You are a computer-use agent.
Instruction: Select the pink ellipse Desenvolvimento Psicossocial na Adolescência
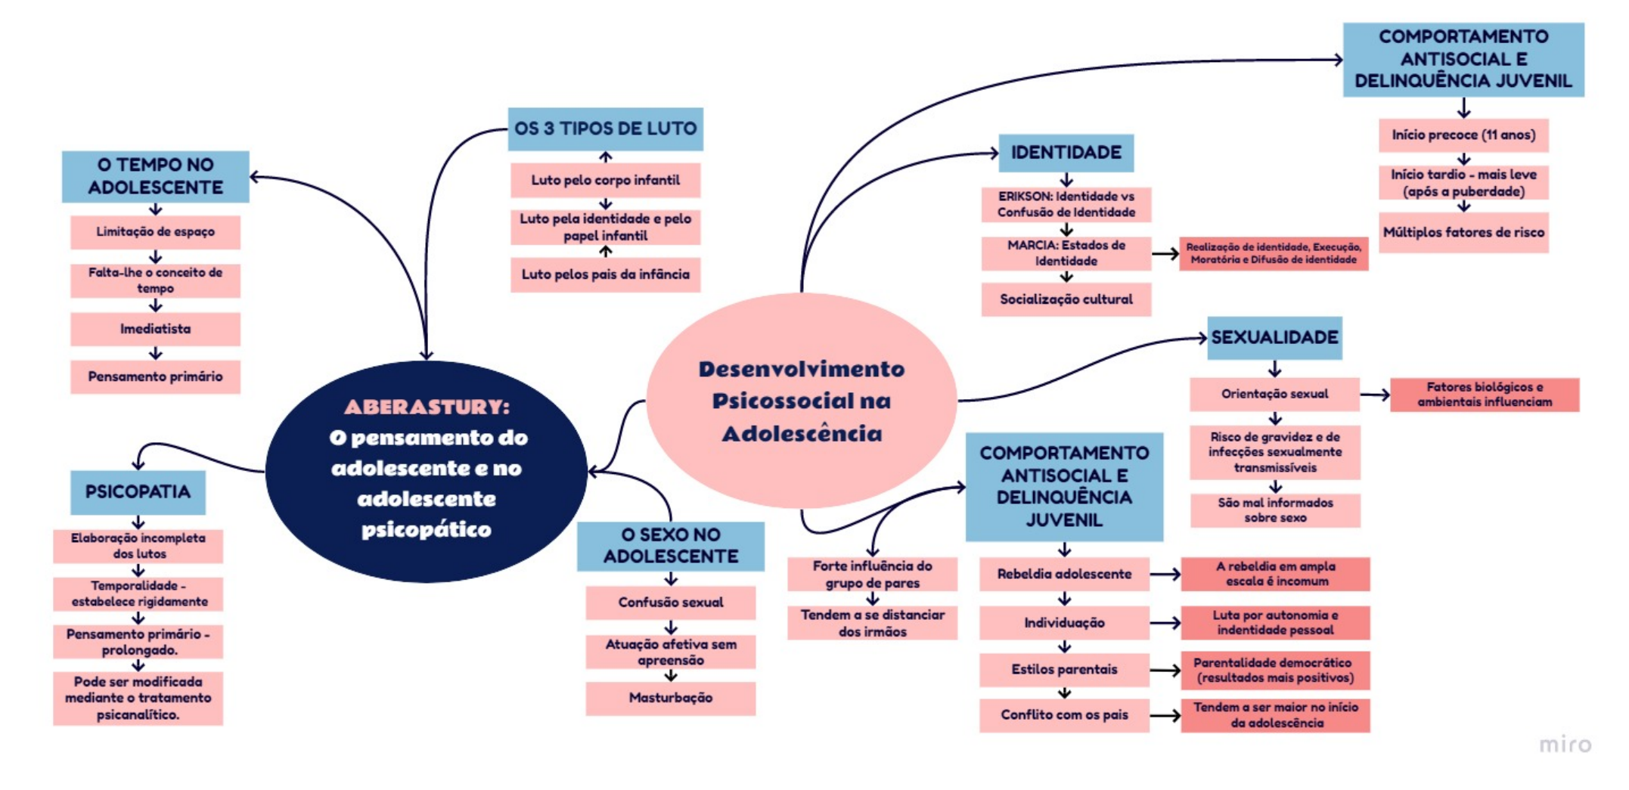click(x=801, y=401)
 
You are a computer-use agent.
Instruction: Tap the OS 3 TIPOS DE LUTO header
click(x=605, y=129)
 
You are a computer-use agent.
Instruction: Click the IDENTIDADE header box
click(x=1066, y=153)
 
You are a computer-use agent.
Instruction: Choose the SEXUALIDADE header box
click(x=1274, y=338)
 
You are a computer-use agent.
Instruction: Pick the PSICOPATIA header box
click(x=138, y=492)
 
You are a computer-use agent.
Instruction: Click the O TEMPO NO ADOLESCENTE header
click(x=155, y=176)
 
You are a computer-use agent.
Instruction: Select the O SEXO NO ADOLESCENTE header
click(x=670, y=546)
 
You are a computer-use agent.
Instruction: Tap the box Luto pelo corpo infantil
click(x=605, y=180)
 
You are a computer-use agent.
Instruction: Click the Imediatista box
click(x=155, y=329)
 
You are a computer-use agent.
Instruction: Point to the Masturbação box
click(x=670, y=698)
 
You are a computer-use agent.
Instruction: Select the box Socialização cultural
click(x=1066, y=299)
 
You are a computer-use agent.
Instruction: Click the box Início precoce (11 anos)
click(x=1463, y=135)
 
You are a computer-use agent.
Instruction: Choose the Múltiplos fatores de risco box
click(x=1463, y=233)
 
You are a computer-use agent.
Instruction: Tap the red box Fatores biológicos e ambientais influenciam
click(x=1484, y=395)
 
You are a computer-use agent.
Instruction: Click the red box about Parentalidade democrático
click(x=1275, y=671)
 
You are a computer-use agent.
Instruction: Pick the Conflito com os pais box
click(x=1064, y=715)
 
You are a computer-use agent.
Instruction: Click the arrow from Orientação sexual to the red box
click(x=1375, y=395)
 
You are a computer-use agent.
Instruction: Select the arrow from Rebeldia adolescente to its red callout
click(x=1165, y=575)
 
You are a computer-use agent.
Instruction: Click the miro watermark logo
click(x=1565, y=745)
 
